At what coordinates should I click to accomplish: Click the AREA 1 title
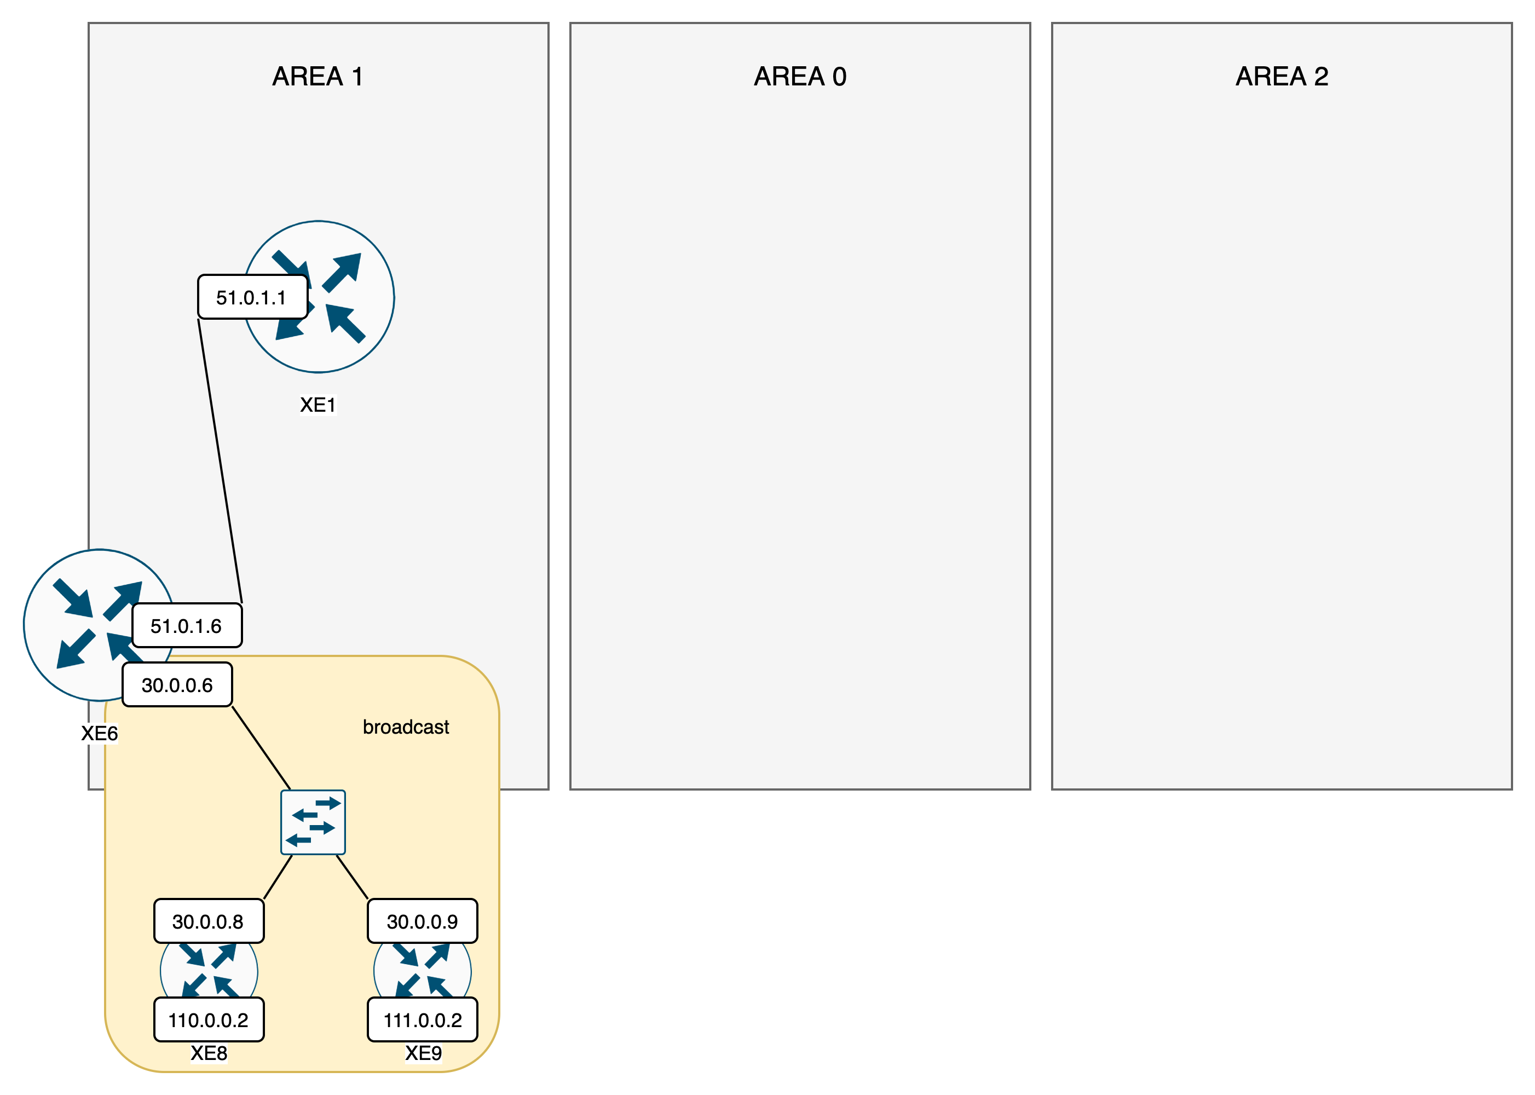pos(318,76)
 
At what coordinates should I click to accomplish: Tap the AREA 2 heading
pos(1282,76)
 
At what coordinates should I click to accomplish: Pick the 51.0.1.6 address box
pos(187,626)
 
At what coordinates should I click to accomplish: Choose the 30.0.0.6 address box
pos(177,685)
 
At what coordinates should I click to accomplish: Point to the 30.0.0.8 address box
pos(209,921)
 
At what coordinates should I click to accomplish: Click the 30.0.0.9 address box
pos(423,921)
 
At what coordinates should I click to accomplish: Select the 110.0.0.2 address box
pos(209,1019)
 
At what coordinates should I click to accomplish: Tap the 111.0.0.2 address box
pos(423,1019)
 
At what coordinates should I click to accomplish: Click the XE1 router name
pos(318,405)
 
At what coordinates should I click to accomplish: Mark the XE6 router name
pos(99,733)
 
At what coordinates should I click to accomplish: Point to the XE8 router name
pos(209,1052)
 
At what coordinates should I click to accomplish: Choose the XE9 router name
pos(423,1052)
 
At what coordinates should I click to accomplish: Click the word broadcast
pos(405,727)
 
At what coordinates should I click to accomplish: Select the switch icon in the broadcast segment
pos(313,822)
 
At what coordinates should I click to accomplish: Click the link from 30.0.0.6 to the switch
pos(261,748)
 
